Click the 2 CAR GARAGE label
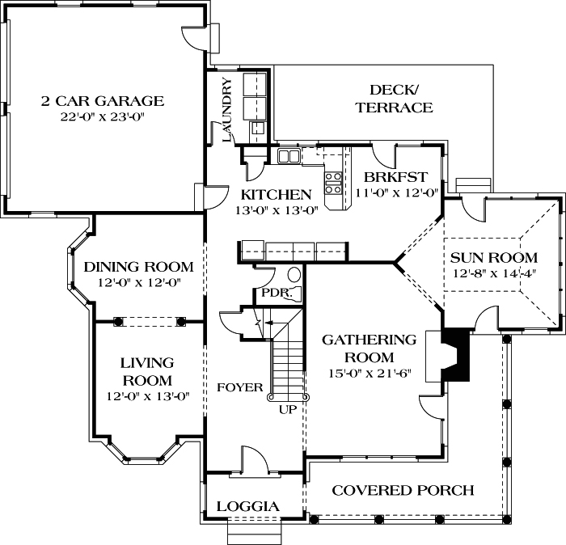(x=103, y=101)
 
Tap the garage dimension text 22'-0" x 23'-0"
(x=103, y=116)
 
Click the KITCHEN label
(x=277, y=194)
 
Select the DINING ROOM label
(x=139, y=267)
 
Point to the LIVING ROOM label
(x=147, y=371)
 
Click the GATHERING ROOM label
(x=369, y=348)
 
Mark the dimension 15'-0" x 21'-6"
(x=369, y=373)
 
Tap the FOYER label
(x=240, y=387)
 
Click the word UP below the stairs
(x=287, y=409)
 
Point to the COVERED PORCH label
(x=403, y=490)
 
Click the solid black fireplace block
(x=458, y=353)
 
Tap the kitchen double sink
(x=289, y=154)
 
